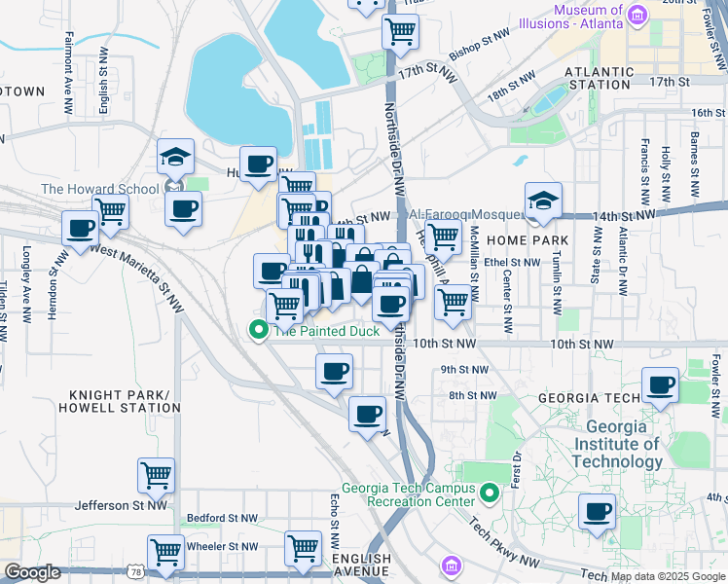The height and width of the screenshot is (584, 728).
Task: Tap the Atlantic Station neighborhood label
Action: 598,78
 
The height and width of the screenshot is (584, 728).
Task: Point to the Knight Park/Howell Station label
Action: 120,401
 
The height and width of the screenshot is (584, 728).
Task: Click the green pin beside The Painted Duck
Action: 259,330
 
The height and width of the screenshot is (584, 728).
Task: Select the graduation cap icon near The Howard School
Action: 176,157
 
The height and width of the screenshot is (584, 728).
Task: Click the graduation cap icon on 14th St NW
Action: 543,201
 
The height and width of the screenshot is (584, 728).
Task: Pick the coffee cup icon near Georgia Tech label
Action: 660,384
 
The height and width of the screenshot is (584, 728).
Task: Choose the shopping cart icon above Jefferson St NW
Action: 156,475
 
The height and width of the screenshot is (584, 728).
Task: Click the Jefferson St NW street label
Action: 123,506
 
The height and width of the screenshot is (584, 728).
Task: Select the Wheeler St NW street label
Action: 223,546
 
